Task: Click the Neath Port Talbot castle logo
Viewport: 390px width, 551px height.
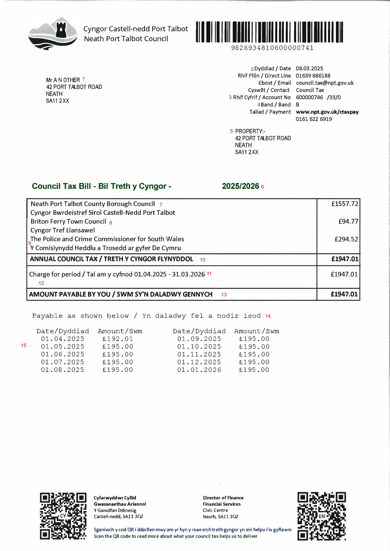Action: click(x=53, y=33)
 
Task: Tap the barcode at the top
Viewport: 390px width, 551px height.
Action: click(x=269, y=32)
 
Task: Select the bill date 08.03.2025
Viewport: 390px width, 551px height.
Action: click(x=309, y=68)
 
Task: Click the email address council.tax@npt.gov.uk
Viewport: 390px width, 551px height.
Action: click(x=325, y=83)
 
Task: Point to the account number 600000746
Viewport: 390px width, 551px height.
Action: click(x=309, y=97)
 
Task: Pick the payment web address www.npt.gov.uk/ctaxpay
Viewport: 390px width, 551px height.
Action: click(x=327, y=112)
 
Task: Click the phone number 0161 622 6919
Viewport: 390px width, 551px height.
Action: click(x=314, y=119)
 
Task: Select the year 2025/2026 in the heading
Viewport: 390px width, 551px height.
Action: click(x=240, y=186)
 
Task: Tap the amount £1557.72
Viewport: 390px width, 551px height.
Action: click(x=344, y=204)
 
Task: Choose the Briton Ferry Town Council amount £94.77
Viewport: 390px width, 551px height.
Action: click(x=348, y=221)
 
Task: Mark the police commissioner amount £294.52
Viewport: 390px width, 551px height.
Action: click(x=346, y=239)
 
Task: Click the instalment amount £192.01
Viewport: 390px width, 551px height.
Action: click(x=117, y=339)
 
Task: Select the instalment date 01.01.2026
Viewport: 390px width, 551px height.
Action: click(x=199, y=370)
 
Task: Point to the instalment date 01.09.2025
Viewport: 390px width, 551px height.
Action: click(x=199, y=339)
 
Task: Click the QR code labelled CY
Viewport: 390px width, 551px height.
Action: click(x=63, y=516)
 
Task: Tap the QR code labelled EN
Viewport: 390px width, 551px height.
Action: click(x=321, y=516)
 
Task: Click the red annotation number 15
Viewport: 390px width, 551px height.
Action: click(x=24, y=345)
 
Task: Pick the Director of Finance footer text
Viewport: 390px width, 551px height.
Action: click(x=223, y=498)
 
